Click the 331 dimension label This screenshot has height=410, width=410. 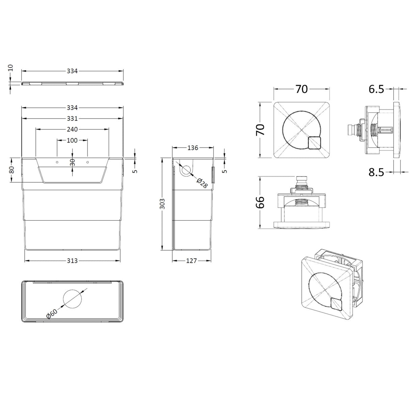[x=72, y=119]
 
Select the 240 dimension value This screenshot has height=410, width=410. [x=72, y=129]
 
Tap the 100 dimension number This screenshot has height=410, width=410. [x=72, y=140]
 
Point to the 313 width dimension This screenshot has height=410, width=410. [x=72, y=260]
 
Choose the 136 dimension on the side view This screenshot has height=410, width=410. [x=193, y=148]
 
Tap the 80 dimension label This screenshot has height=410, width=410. [x=11, y=170]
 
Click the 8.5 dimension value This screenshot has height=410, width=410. [x=376, y=173]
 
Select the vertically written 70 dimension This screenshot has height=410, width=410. [x=260, y=129]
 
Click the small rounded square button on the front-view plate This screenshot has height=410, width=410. [x=314, y=143]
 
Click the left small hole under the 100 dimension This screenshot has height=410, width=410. [x=57, y=162]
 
